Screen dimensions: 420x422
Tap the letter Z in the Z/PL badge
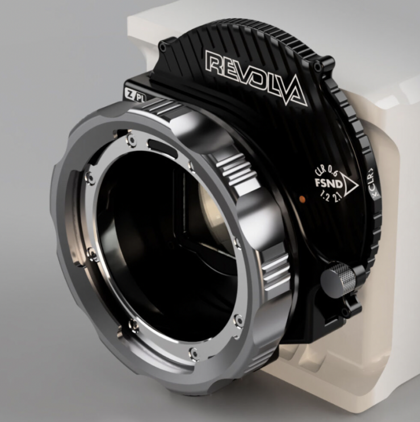pyautogui.click(x=129, y=94)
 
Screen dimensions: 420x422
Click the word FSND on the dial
pyautogui.click(x=329, y=183)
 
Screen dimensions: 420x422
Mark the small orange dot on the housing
pyautogui.click(x=302, y=199)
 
